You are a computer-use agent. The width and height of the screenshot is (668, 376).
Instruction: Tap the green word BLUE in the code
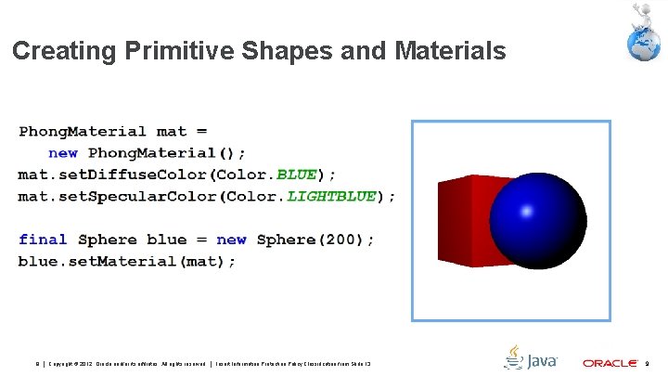coord(296,175)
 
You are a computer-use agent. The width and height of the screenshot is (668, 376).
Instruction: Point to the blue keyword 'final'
coord(43,240)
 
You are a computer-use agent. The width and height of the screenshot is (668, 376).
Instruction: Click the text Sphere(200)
coord(315,240)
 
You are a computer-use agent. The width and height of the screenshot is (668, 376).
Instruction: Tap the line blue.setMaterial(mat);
coord(127,261)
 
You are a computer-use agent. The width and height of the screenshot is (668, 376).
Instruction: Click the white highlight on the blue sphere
coord(527,211)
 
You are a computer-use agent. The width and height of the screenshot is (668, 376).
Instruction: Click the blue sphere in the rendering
coord(538,223)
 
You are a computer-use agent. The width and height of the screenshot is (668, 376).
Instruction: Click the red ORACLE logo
coord(610,362)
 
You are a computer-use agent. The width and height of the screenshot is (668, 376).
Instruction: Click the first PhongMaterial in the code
coord(83,132)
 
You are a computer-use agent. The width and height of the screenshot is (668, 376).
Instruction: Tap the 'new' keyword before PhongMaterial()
coord(63,153)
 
